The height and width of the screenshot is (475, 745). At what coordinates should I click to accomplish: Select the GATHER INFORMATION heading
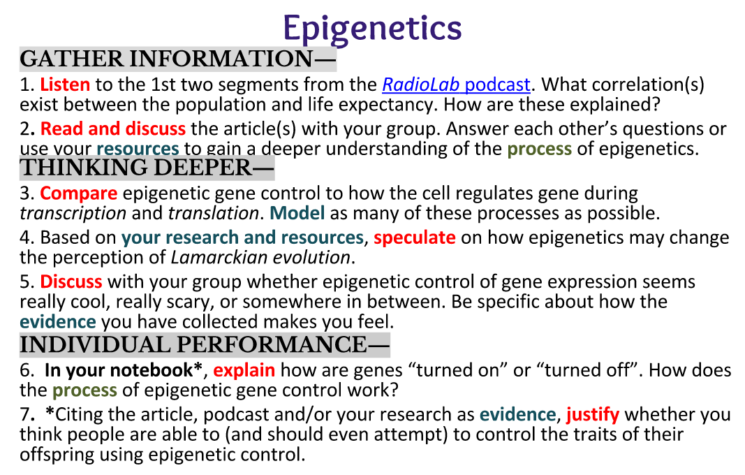coord(178,59)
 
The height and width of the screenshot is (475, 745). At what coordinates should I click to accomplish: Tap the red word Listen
coord(65,85)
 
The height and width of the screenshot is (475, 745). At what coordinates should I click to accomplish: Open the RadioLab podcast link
coord(456,85)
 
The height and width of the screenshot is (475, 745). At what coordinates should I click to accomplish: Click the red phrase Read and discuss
coord(113,129)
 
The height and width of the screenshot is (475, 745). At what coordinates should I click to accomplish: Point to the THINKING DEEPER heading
coord(147,168)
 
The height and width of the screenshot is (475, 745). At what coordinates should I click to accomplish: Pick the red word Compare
coord(78,193)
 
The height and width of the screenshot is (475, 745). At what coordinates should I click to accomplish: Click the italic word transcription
coord(73,214)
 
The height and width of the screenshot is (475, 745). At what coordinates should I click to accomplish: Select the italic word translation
coord(214,214)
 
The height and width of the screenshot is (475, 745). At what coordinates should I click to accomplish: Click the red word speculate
coord(415,237)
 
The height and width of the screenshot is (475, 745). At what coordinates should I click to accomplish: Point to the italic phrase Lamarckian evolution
coord(261,258)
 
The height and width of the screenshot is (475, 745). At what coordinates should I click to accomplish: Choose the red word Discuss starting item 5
coord(71,282)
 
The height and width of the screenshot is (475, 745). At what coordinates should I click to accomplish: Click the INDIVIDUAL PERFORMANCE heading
coord(205,344)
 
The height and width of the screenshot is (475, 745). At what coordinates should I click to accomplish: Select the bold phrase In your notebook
coord(118,370)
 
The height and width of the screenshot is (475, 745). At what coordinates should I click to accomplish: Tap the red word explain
coord(244,370)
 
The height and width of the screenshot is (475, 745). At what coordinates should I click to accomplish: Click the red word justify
coord(593,415)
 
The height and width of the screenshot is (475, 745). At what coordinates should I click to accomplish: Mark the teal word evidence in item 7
coord(517,415)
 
